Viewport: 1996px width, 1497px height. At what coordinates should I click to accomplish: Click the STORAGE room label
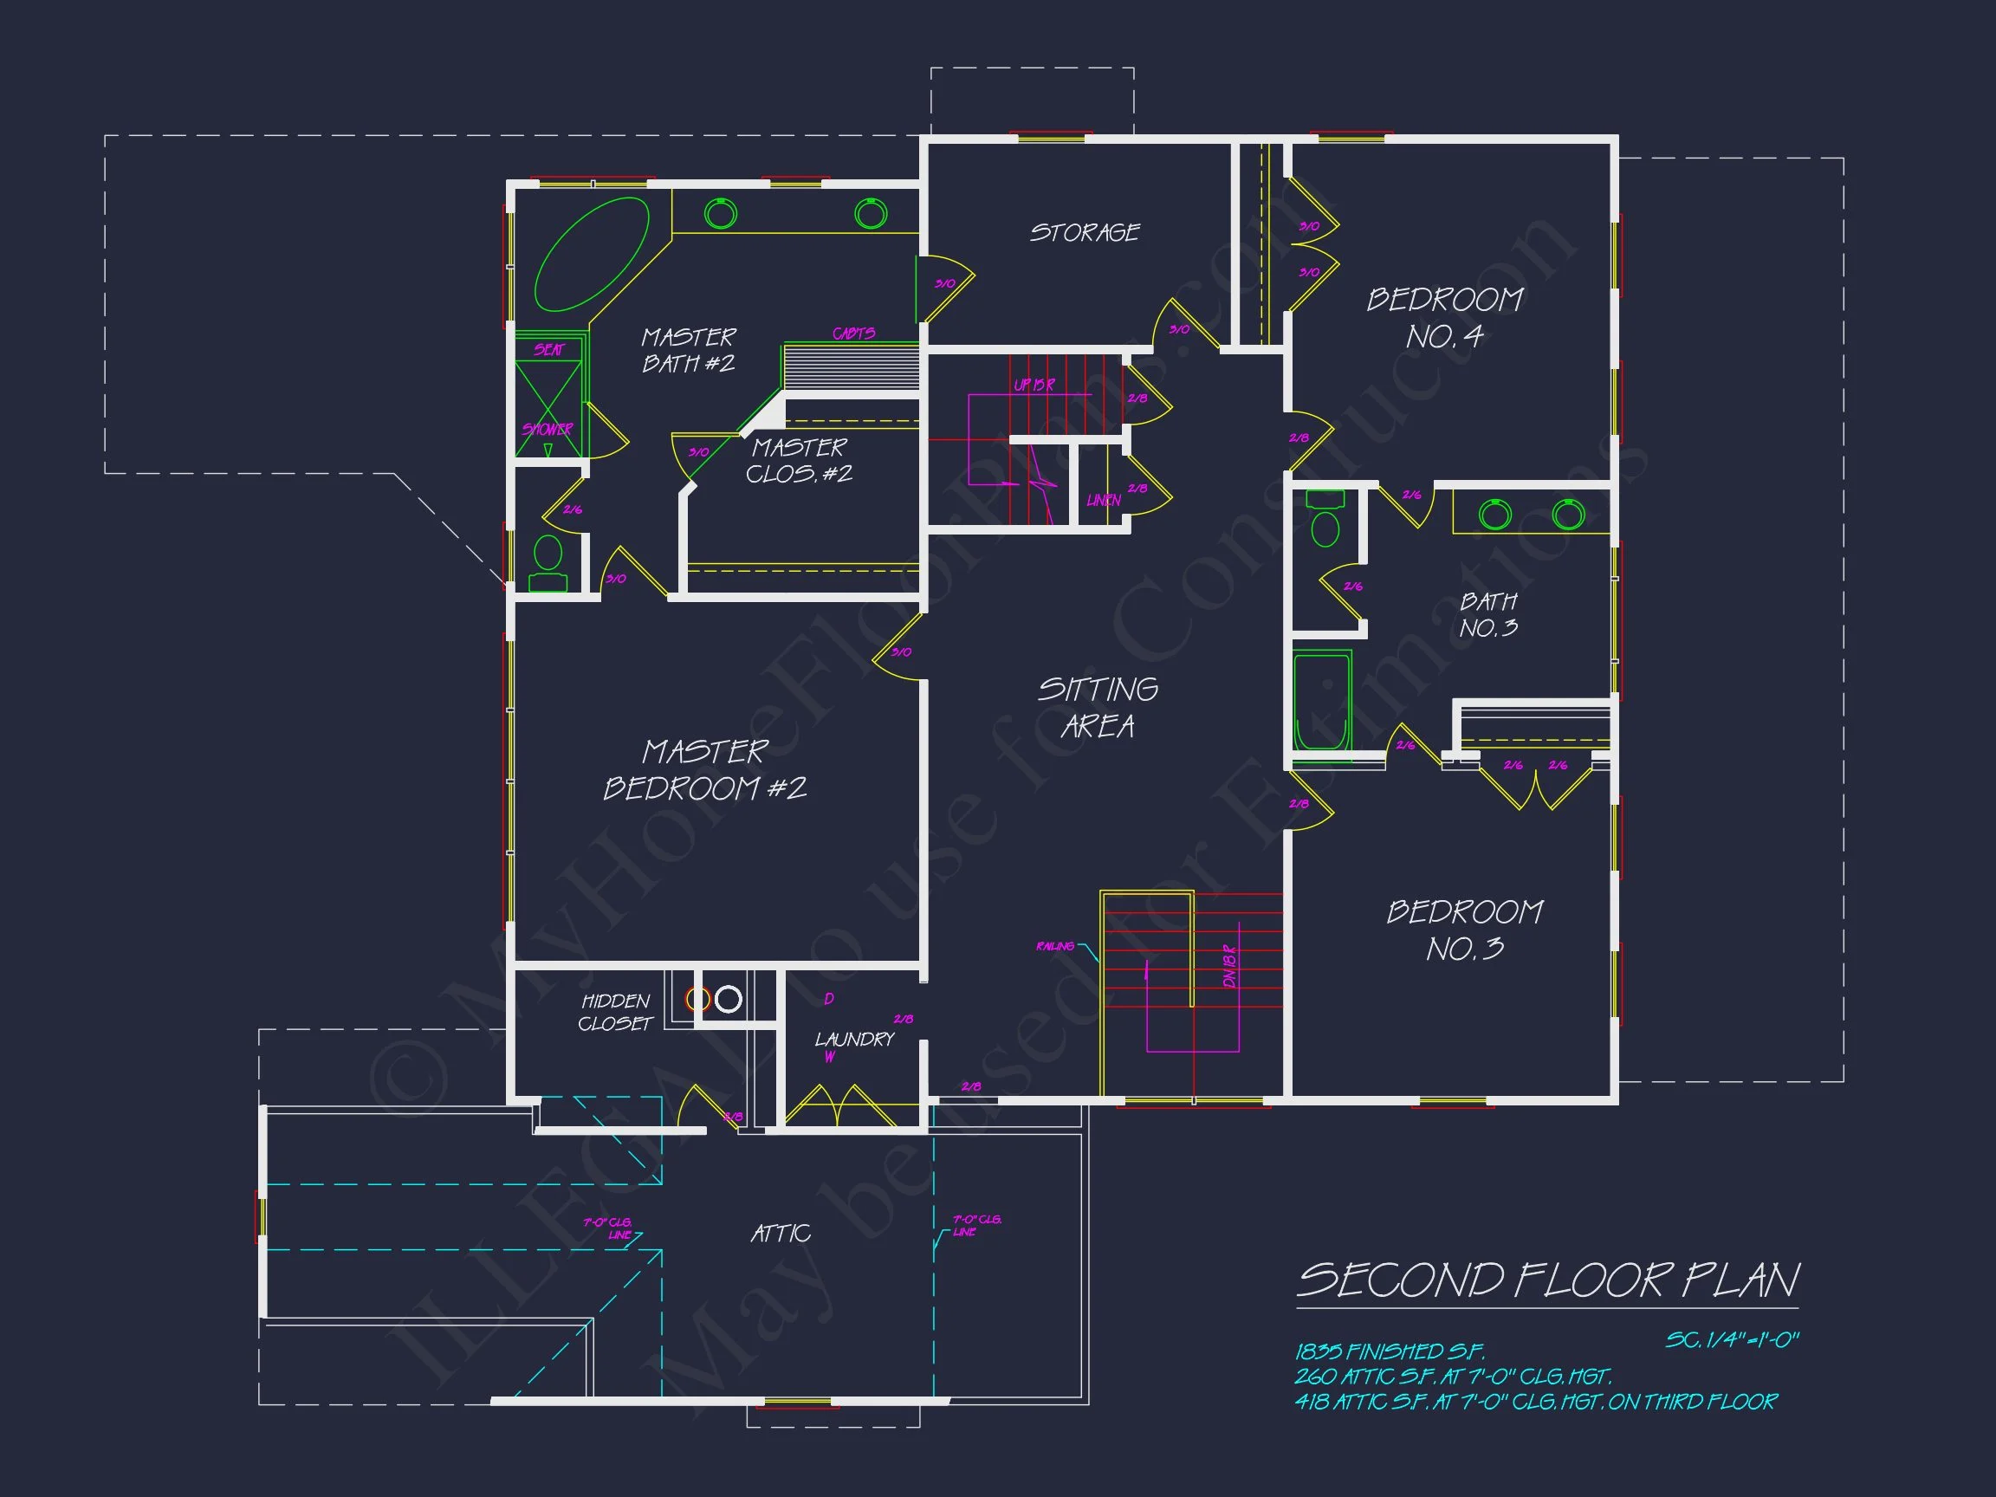click(1085, 233)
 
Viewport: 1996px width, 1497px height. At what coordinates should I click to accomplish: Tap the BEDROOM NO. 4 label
click(1445, 318)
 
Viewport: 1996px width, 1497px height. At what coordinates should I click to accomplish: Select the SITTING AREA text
click(1098, 708)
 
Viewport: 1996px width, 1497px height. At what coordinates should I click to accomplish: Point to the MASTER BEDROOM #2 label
click(704, 769)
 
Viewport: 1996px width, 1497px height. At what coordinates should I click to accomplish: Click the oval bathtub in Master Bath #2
click(592, 255)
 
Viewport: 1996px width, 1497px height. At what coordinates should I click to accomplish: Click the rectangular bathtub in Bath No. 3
click(1322, 702)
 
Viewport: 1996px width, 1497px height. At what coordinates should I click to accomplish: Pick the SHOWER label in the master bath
click(547, 430)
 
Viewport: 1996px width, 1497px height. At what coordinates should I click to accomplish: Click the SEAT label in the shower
click(548, 349)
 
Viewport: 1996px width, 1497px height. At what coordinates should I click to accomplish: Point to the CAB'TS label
click(853, 333)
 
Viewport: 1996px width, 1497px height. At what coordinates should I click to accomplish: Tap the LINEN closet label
click(1104, 500)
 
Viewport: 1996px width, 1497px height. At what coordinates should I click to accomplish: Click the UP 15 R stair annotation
click(1034, 385)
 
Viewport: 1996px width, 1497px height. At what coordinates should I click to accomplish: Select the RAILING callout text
click(1055, 946)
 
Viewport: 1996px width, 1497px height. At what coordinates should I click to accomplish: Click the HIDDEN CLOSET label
click(615, 1013)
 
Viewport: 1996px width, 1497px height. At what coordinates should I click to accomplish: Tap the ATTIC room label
click(781, 1234)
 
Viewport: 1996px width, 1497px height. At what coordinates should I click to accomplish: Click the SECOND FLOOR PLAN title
click(1547, 1280)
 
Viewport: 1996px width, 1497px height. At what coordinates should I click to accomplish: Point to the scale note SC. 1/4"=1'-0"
click(1732, 1340)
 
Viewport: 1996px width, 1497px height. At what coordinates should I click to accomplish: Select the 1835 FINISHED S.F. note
click(1389, 1351)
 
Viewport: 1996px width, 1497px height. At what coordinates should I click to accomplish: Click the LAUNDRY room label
click(853, 1040)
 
